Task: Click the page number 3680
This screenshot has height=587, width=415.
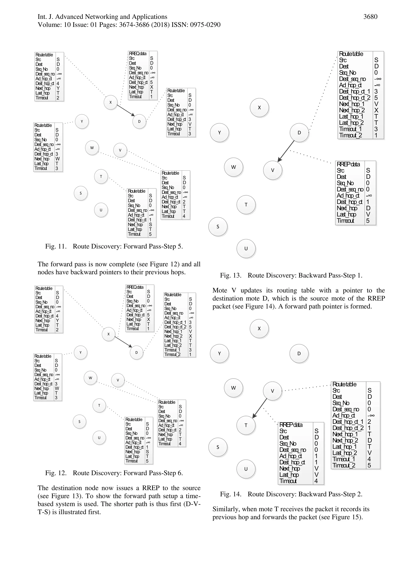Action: (x=370, y=17)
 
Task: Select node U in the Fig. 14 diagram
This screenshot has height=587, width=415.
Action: (x=246, y=469)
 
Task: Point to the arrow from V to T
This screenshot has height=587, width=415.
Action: (x=260, y=408)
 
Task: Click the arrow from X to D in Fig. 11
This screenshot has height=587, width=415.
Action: (x=126, y=110)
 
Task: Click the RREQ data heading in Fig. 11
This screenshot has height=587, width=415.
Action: (x=138, y=53)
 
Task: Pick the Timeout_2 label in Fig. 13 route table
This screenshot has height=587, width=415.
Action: (x=350, y=135)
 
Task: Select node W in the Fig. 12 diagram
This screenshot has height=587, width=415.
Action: (x=90, y=378)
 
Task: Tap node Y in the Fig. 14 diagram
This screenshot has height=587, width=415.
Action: (x=219, y=354)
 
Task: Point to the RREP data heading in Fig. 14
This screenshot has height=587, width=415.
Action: (x=291, y=425)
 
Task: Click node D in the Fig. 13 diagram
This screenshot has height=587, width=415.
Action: (x=299, y=133)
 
